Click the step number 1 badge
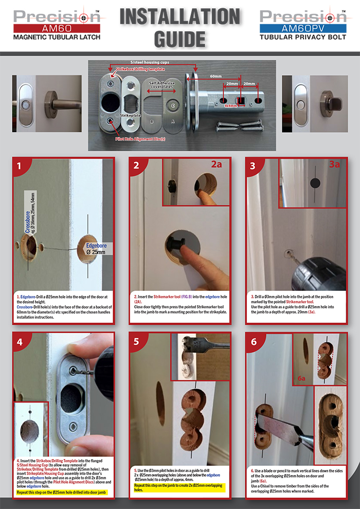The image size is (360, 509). (20, 166)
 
